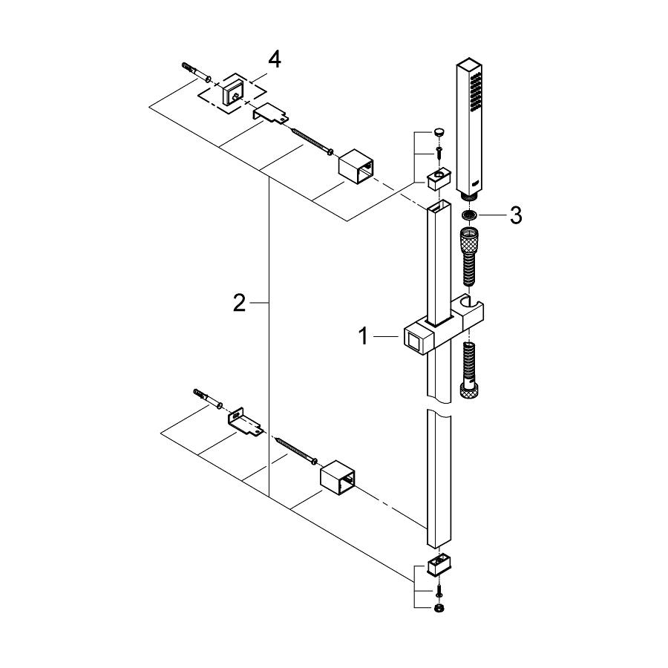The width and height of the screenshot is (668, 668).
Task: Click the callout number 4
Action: coord(275,59)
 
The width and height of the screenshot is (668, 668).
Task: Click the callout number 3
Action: coord(516,215)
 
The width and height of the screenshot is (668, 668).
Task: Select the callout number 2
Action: coord(239,303)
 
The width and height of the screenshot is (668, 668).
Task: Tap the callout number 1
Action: coord(364,336)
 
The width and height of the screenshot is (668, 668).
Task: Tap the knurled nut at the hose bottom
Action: coord(469,390)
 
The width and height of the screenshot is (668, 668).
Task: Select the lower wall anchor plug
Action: coord(208,398)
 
